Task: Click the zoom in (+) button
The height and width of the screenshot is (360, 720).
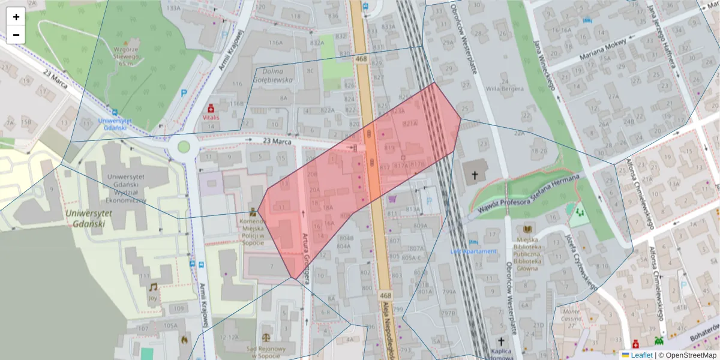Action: pos(16,17)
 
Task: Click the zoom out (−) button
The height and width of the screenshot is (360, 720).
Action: pos(16,35)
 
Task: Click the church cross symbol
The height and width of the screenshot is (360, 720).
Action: pos(475,175)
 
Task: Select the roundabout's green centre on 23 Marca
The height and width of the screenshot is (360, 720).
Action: pos(184,147)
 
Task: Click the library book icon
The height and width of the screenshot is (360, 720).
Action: pos(527,230)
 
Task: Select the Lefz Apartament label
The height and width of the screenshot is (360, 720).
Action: pos(473,251)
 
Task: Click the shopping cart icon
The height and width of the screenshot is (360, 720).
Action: pos(393,199)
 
